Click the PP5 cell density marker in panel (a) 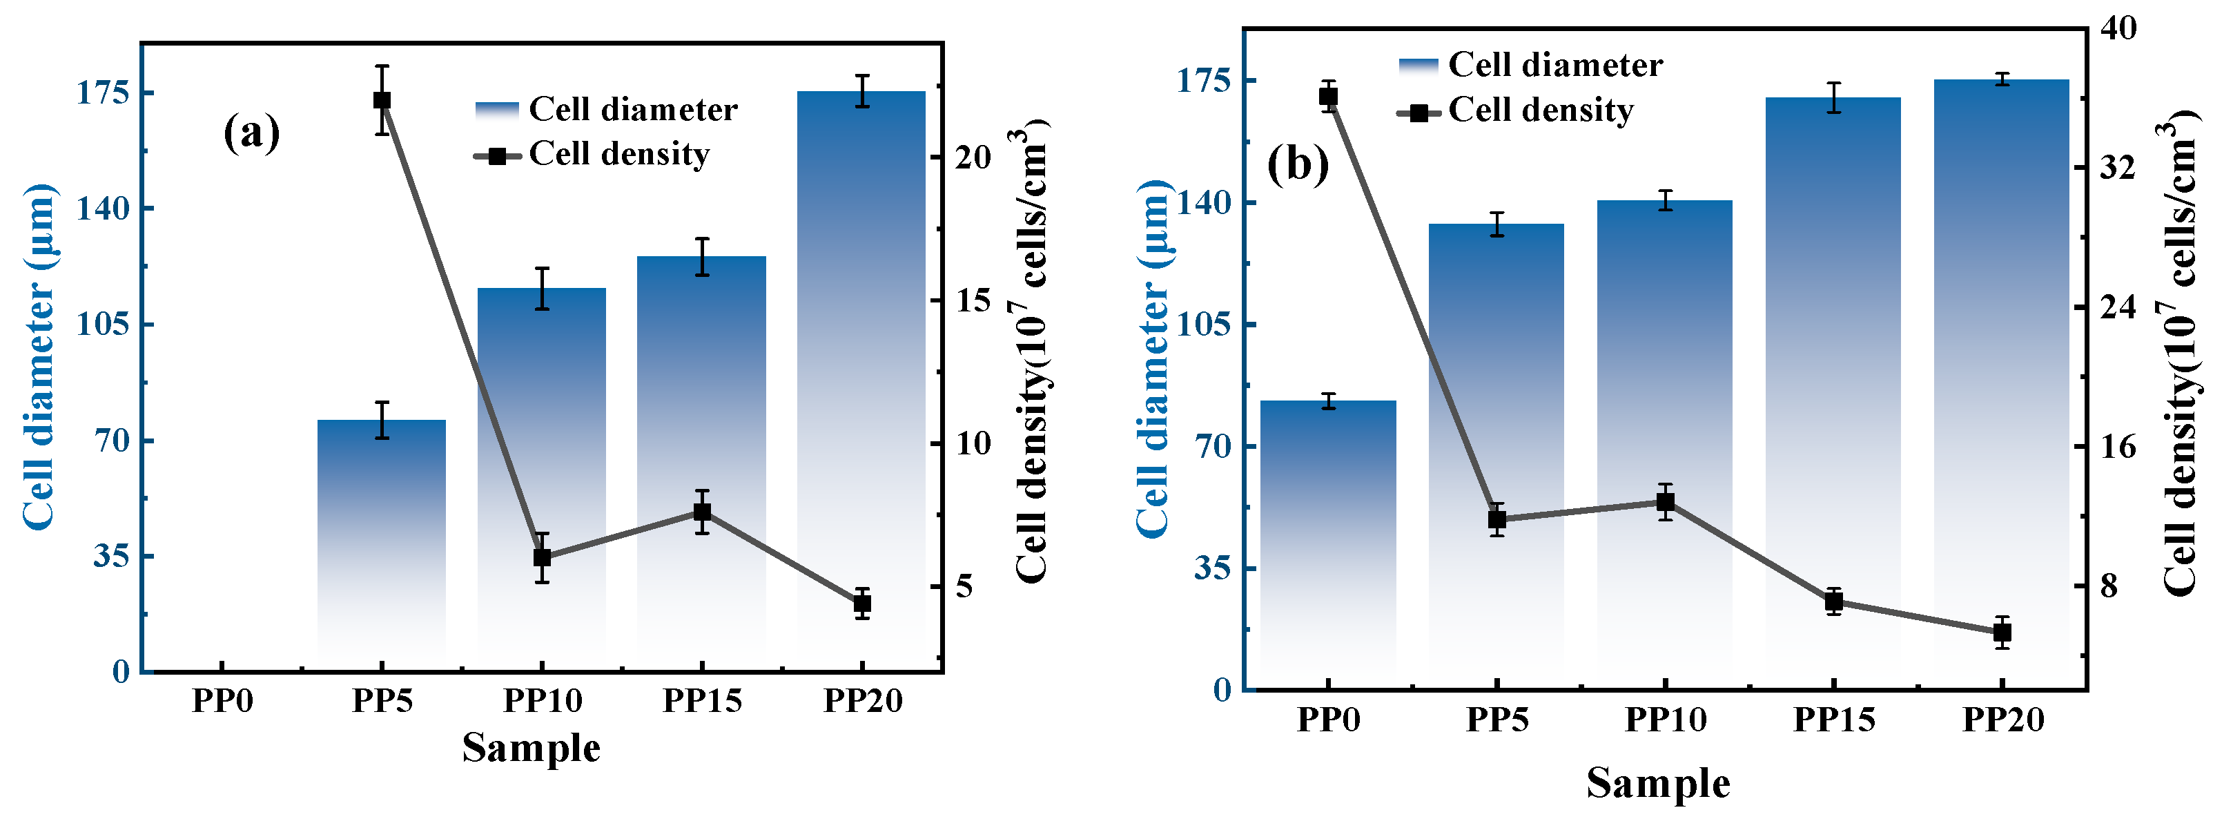point(382,99)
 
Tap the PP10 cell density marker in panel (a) point(542,557)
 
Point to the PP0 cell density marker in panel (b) point(1328,96)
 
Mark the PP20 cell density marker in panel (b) point(2002,633)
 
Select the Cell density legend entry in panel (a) point(593,155)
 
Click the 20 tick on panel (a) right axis point(973,157)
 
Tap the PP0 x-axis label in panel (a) point(222,702)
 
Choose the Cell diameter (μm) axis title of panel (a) point(39,356)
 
